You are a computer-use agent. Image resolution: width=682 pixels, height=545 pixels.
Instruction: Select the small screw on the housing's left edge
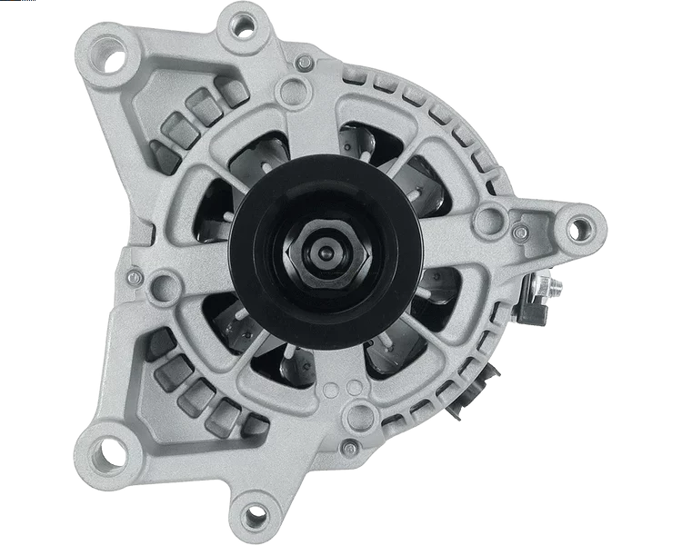coord(133,275)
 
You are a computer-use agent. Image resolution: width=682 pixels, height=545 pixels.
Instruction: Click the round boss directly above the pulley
coord(291,89)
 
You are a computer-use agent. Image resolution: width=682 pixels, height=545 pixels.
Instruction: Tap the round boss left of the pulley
coord(165,287)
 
